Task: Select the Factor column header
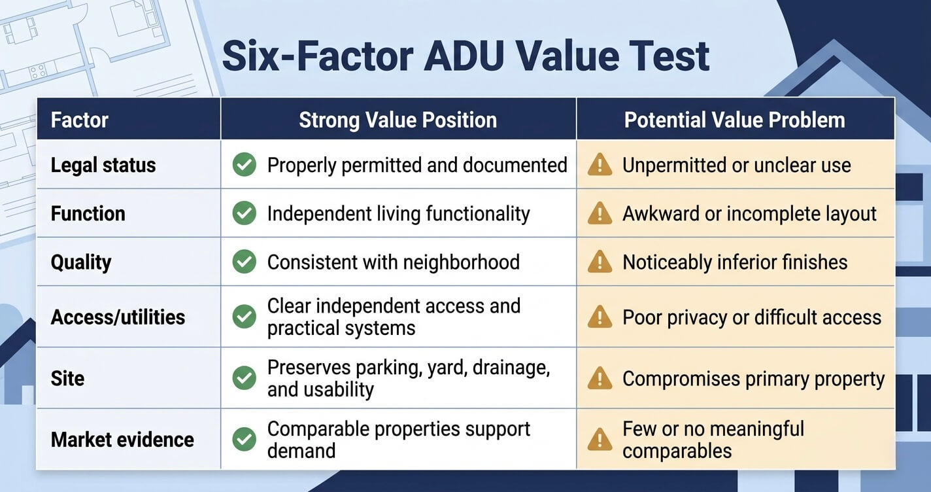[x=79, y=120]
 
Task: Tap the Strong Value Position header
[x=398, y=120]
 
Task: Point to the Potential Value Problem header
[x=734, y=120]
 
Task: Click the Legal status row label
[x=103, y=165]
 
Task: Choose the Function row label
[x=88, y=214]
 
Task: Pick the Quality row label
[x=81, y=262]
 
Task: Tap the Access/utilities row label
[x=118, y=317]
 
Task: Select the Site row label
[x=67, y=378]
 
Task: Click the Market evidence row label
[x=122, y=440]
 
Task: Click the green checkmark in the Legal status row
[x=245, y=165]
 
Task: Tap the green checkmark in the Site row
[x=245, y=378]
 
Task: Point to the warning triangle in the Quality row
[x=600, y=262]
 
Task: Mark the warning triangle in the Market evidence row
[x=600, y=439]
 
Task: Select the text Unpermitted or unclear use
[x=736, y=165]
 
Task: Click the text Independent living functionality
[x=398, y=214]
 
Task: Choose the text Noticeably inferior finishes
[x=735, y=262]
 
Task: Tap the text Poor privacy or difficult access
[x=751, y=317]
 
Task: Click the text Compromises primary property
[x=753, y=379]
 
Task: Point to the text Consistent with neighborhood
[x=393, y=262]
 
